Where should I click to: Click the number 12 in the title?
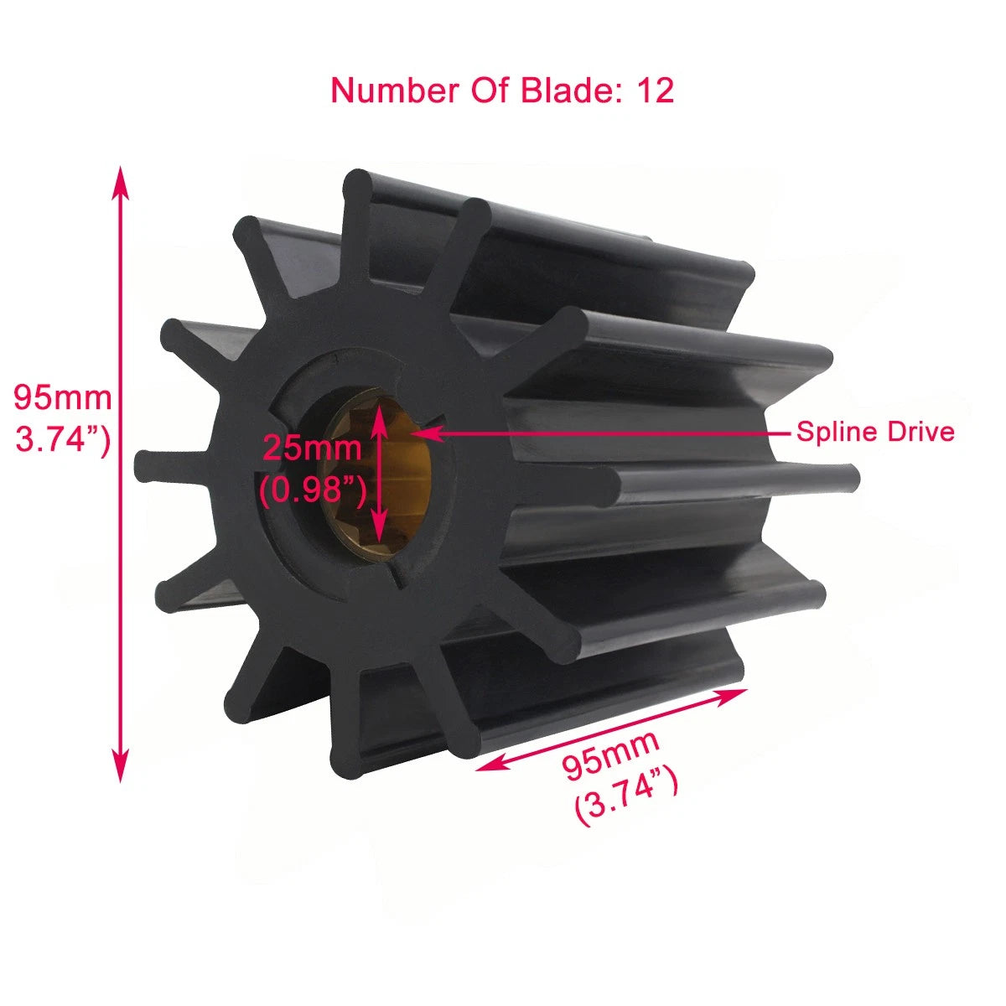[656, 91]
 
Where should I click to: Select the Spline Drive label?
[874, 432]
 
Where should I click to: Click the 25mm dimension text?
[312, 449]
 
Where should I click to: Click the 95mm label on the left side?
[62, 397]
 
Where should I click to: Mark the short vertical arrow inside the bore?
[380, 474]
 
